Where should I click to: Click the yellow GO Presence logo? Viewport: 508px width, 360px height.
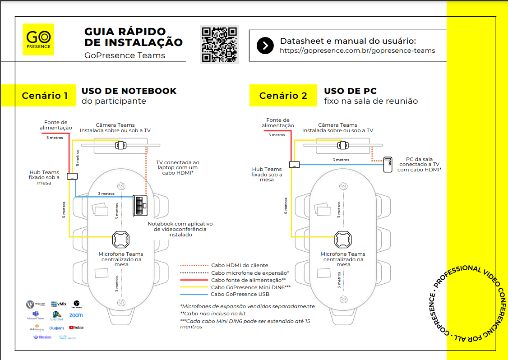38,39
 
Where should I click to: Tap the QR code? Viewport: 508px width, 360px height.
219,44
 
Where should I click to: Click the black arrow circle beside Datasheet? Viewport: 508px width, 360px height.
265,46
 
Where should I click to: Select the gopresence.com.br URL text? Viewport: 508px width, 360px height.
357,51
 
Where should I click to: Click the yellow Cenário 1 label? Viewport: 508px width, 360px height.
45,96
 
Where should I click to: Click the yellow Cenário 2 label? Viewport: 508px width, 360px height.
283,96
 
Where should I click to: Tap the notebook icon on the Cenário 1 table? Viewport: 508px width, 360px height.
140,206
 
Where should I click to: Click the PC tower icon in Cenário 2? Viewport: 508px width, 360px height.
388,165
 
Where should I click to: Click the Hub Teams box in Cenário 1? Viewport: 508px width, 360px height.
72,176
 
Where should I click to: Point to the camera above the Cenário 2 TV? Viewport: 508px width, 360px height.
343,145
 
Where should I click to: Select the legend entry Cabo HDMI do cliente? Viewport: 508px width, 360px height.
240,265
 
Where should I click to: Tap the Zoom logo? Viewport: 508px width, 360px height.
76,315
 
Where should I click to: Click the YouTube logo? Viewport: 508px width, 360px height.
76,327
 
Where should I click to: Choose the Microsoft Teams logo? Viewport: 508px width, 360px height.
36,315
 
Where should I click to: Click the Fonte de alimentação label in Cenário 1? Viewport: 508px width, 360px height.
55,125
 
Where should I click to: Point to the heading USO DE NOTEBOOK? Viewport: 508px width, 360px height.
129,91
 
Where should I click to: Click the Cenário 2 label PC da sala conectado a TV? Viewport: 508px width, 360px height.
419,164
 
